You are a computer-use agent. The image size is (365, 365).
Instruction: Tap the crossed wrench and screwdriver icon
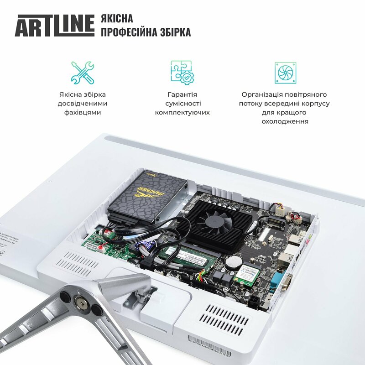click(83, 73)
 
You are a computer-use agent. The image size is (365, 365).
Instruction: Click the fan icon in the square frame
click(285, 73)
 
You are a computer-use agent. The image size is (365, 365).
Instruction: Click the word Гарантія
click(182, 94)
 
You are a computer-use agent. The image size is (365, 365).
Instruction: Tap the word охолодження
click(285, 121)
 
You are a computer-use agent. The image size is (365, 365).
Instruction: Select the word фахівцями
click(83, 112)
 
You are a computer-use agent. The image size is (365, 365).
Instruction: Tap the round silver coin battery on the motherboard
click(235, 261)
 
